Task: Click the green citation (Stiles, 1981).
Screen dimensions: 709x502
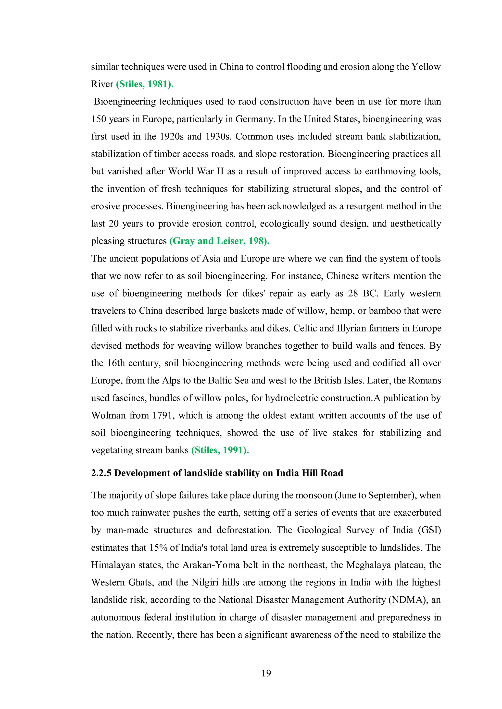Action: [x=145, y=84]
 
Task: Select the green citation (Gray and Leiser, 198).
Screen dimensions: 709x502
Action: [x=219, y=241]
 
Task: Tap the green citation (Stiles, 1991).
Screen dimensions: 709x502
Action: [x=220, y=450]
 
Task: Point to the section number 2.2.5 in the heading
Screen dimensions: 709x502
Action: [x=101, y=473]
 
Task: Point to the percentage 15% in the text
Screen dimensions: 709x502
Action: [x=158, y=547]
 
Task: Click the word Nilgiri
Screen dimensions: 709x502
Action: [x=206, y=582]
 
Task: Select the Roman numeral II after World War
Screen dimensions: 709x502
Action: [x=220, y=171]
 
